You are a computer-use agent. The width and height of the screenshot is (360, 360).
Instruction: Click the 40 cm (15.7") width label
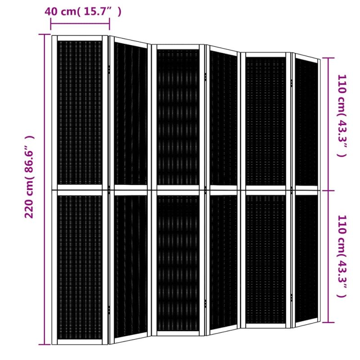coord(83,12)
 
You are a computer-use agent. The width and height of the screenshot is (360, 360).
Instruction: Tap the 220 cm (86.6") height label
coord(30,177)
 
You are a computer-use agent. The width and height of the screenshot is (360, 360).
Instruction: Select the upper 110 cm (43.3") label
coord(342,116)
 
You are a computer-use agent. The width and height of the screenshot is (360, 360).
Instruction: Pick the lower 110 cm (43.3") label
coord(342,256)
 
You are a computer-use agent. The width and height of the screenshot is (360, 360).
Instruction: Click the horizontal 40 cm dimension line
coord(80,23)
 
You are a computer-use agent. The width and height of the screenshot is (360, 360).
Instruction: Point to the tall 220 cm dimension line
coord(44,189)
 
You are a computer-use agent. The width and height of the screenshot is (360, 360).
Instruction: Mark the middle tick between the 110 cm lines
coord(328,190)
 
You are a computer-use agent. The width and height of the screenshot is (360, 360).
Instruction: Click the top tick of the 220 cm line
coord(44,35)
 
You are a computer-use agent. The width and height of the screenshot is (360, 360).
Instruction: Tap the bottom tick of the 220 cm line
coord(44,344)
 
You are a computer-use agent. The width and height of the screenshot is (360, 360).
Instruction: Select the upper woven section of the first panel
coord(80,113)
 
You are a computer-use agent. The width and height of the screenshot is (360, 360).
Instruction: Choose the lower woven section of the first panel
coord(80,267)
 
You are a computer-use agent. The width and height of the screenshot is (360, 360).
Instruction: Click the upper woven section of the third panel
coord(178,117)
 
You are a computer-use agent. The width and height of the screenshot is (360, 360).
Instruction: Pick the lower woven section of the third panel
coord(178,263)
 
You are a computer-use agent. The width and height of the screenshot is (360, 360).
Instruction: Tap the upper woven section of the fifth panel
coord(265,121)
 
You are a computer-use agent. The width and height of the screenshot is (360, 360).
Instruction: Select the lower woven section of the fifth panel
coord(265,259)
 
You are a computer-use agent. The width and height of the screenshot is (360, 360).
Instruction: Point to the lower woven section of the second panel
coord(130,266)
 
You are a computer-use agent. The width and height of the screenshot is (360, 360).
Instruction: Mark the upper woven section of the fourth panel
coord(223,118)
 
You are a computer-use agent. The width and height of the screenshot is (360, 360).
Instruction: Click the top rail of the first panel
coord(80,38)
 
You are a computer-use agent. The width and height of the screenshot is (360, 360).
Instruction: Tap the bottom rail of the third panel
coord(178,333)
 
